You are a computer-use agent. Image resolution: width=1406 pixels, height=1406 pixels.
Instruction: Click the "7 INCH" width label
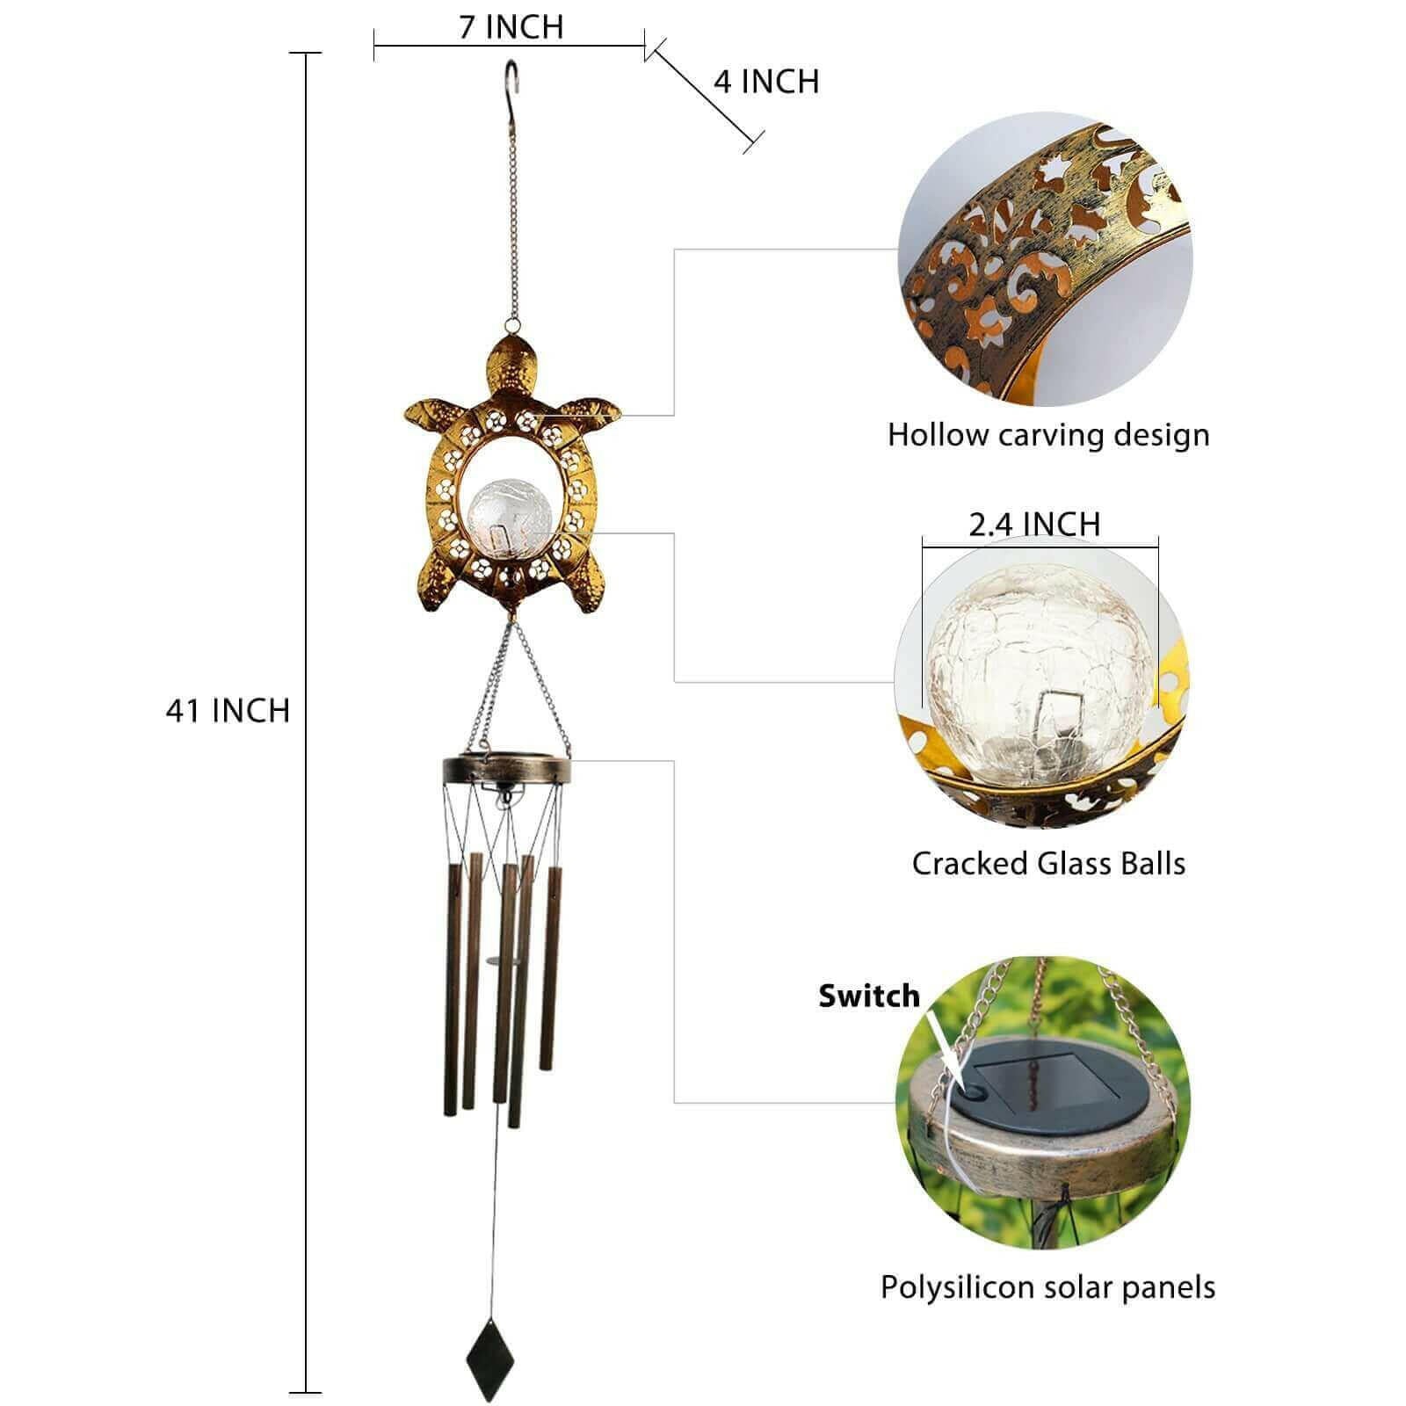[x=511, y=27]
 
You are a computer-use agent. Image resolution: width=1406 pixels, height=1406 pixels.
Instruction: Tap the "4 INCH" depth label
[x=766, y=82]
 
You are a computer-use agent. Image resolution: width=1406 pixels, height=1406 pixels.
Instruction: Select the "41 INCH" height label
[x=228, y=710]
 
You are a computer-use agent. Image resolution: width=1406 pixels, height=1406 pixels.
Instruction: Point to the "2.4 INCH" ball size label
[x=1034, y=525]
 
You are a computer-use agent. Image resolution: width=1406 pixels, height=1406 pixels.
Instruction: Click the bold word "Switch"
[x=869, y=996]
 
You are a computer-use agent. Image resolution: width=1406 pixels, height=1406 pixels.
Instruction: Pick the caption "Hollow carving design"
[x=1048, y=435]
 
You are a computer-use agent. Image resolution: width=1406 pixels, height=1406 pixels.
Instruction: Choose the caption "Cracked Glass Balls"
[x=1048, y=863]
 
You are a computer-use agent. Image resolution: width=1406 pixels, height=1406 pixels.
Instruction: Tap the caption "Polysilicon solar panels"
[x=1048, y=1287]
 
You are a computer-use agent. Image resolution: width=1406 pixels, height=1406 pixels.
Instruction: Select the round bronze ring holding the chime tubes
[x=505, y=770]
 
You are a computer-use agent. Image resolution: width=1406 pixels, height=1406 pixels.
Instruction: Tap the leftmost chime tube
[x=453, y=989]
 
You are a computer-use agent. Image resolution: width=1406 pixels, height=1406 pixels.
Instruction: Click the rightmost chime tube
[x=551, y=967]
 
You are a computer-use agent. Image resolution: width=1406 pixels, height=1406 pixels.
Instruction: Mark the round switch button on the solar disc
[x=974, y=1091]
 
